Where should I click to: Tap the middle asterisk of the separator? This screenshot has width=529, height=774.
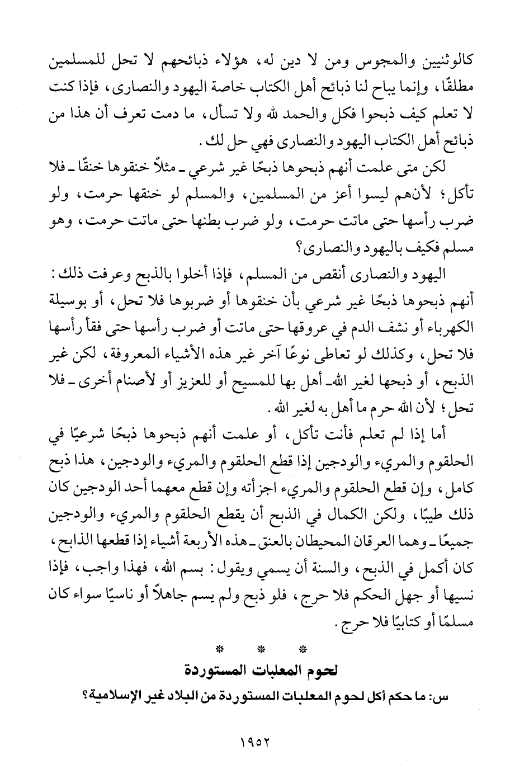pos(261,650)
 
